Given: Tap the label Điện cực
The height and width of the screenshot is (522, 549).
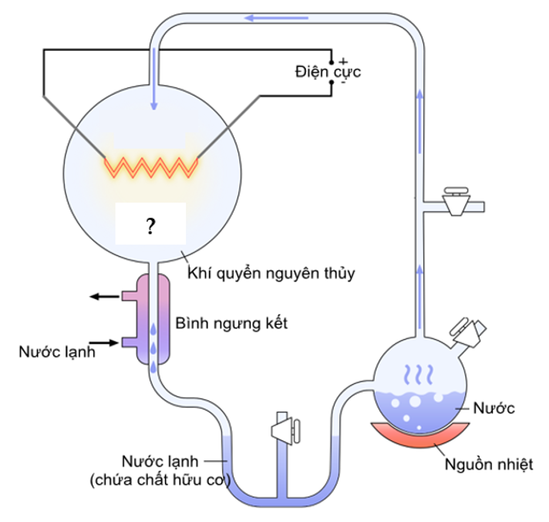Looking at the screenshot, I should coord(327,72).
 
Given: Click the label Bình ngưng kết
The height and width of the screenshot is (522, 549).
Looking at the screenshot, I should coord(231,323).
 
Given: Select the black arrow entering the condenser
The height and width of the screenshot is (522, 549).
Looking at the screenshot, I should coord(104,342).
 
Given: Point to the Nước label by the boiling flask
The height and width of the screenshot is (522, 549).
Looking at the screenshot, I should coord(494,408).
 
